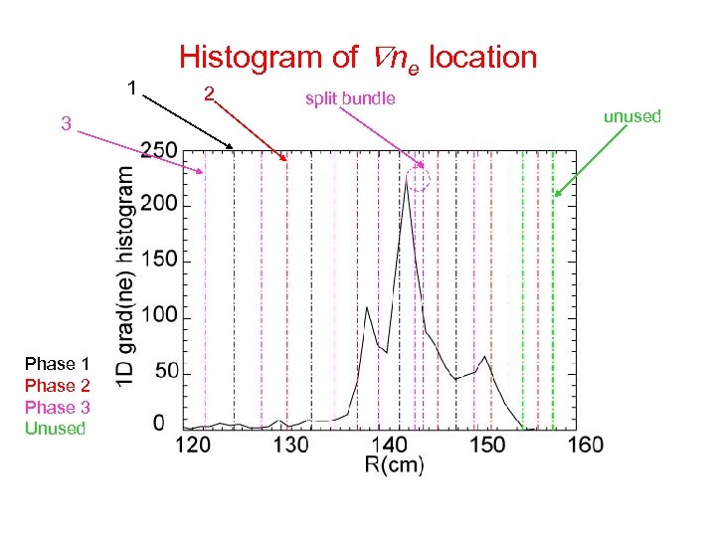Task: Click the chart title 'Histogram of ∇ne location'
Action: (358, 58)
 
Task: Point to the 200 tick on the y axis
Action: (159, 205)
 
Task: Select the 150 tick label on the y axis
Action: (159, 261)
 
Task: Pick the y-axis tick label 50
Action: (164, 371)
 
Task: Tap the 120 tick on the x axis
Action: (192, 444)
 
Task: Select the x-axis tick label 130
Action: (290, 444)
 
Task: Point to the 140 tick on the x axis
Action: (388, 444)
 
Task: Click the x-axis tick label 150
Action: (486, 444)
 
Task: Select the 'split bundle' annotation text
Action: (350, 97)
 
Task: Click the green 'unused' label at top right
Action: (632, 116)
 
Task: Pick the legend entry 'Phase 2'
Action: (58, 386)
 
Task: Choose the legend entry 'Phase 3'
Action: (58, 407)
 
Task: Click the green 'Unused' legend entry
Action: (56, 429)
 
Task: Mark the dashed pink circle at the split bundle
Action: (420, 179)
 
